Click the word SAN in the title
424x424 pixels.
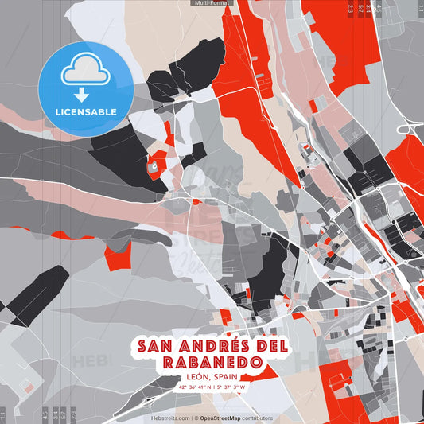[x=155, y=346]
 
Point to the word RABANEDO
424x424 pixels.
[x=212, y=363]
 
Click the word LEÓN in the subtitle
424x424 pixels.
[x=193, y=377]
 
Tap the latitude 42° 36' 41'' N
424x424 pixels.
[x=194, y=387]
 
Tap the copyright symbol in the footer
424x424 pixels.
[x=196, y=418]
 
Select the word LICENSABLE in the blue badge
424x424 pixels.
[x=84, y=111]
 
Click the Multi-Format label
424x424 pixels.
[x=212, y=3]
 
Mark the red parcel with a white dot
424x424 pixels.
[x=154, y=167]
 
